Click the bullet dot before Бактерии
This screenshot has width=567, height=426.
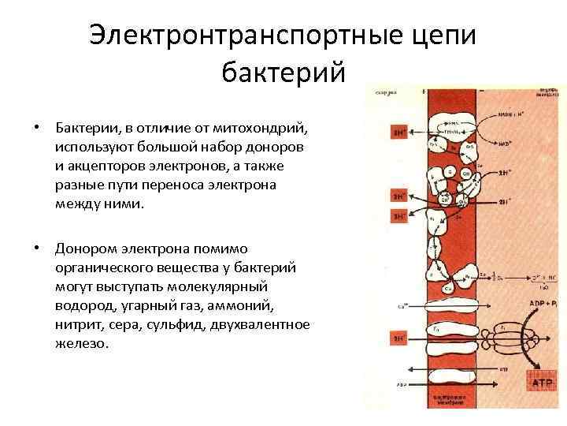(x=36, y=128)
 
